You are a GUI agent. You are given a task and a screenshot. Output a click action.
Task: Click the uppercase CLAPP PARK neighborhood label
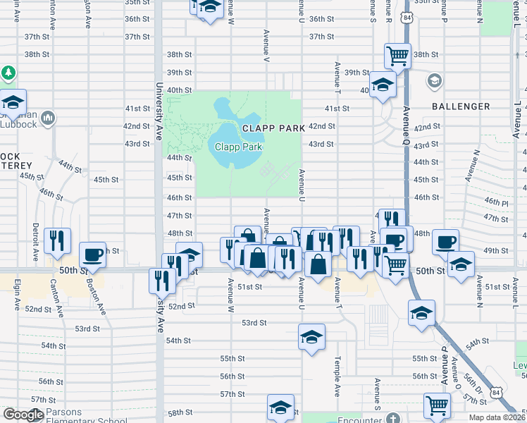(273, 128)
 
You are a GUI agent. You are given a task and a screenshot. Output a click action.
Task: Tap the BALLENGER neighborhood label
(461, 106)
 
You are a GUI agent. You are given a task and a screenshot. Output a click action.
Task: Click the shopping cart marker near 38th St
(398, 56)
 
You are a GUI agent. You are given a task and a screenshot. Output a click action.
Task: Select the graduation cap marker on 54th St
(311, 336)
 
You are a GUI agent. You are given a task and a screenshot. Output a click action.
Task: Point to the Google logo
(23, 415)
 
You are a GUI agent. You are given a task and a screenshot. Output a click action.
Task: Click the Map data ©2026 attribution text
(496, 417)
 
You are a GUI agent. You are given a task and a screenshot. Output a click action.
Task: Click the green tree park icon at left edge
(8, 73)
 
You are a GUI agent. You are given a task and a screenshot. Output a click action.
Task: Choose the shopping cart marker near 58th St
(437, 405)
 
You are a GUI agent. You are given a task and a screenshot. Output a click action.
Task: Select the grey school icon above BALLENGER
(433, 80)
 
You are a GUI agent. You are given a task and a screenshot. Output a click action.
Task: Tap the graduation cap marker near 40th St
(383, 85)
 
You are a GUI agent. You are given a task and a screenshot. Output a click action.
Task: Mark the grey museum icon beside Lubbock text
(48, 117)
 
